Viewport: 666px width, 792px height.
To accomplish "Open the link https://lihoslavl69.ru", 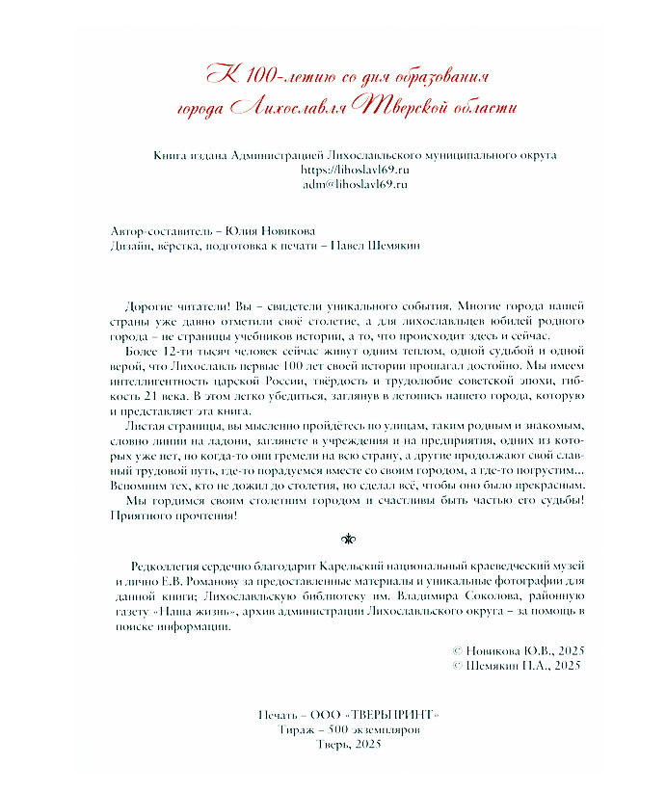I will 356,169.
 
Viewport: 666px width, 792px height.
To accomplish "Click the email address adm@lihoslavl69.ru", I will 356,183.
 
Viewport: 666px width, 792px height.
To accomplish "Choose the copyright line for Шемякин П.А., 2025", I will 515,665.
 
